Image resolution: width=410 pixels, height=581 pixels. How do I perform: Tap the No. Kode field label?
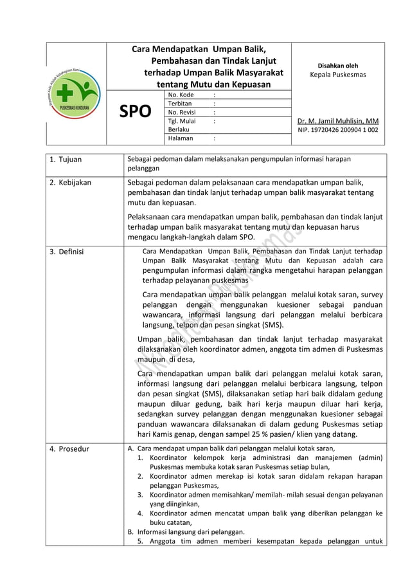click(x=181, y=95)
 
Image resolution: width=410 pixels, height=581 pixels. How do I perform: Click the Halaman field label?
click(x=180, y=137)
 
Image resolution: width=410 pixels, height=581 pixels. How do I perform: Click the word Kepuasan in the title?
click(x=236, y=84)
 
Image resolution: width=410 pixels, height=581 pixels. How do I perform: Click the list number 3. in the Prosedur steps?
click(x=140, y=495)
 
